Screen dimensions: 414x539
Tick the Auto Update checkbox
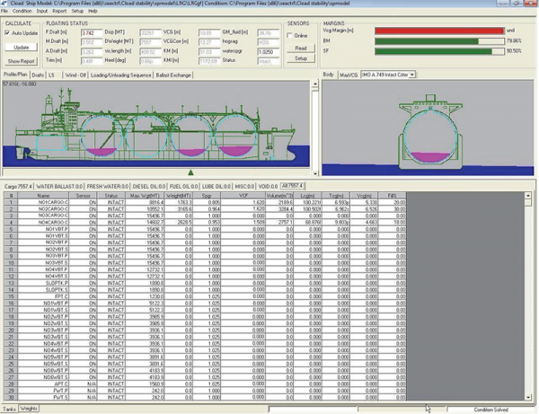[8, 32]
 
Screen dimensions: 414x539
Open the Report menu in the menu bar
[58, 11]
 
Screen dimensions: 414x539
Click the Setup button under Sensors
[301, 57]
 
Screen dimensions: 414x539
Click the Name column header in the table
[43, 195]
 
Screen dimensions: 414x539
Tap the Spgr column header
[208, 195]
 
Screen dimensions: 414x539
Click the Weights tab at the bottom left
[29, 409]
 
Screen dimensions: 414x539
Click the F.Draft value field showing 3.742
[79, 31]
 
